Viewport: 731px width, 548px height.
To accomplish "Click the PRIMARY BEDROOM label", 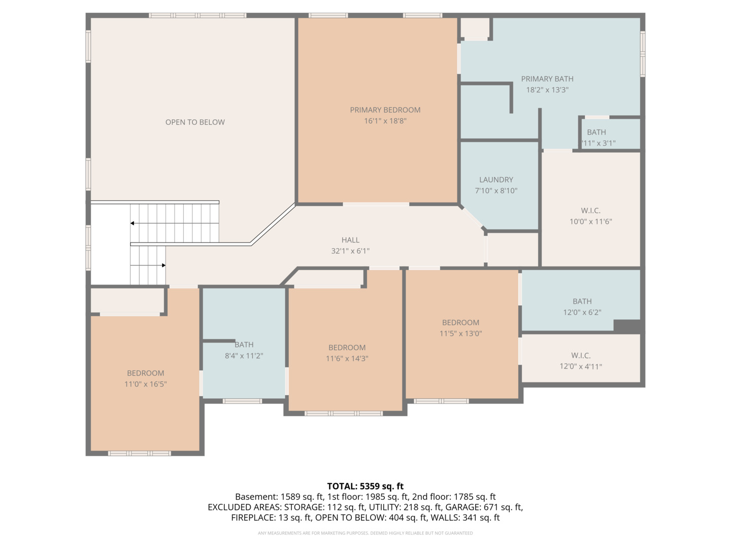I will click(x=385, y=110).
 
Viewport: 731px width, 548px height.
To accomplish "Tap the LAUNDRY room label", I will click(x=496, y=180).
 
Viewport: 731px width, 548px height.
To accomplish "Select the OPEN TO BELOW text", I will click(x=195, y=122).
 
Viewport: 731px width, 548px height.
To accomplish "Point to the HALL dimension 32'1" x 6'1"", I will click(x=350, y=251).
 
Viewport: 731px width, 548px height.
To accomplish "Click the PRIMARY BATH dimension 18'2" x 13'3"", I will click(x=547, y=90).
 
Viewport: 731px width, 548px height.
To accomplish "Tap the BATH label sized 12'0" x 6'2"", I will click(x=582, y=301).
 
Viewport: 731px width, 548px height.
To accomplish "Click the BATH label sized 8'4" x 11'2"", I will click(x=244, y=345).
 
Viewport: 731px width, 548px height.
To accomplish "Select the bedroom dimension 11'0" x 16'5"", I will click(x=146, y=384).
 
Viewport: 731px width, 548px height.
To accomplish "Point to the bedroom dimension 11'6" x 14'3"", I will click(x=347, y=359).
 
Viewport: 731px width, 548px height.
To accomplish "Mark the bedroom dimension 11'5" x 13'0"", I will click(x=460, y=333).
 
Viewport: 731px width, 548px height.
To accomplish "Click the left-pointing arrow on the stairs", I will click(x=132, y=223).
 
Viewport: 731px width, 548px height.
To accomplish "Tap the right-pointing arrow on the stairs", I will click(x=163, y=265).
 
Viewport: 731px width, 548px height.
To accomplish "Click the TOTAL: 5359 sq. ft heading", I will click(x=365, y=486).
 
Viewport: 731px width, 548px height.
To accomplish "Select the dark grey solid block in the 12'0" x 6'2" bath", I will click(x=627, y=326).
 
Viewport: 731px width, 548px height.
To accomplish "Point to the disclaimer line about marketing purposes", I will click(x=365, y=533).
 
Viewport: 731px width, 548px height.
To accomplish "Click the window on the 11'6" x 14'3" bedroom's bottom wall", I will click(x=344, y=414).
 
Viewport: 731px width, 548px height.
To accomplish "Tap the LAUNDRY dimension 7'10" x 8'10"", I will click(x=496, y=191).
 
